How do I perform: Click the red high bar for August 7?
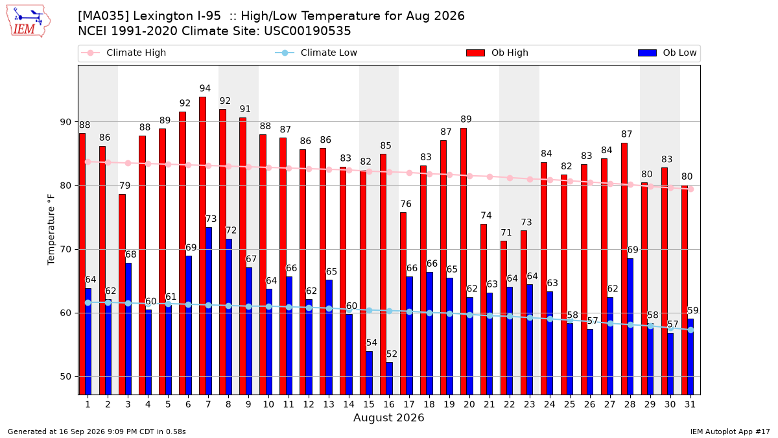point(202,246)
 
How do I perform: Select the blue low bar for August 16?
point(390,378)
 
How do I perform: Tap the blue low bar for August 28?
point(630,327)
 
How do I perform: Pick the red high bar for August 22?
point(504,318)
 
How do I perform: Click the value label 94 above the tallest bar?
point(205,88)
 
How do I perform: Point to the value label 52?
point(392,354)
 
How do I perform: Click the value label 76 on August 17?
point(406,204)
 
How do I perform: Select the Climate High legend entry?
point(123,53)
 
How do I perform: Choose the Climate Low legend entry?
point(316,53)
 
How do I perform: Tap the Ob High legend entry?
point(497,53)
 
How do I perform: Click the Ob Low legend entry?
point(667,53)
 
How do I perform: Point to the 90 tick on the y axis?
point(65,122)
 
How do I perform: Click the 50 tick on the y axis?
point(65,377)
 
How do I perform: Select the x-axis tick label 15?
point(369,404)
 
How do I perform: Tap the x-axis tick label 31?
point(690,404)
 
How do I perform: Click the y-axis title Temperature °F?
point(51,230)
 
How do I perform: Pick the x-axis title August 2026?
point(388,417)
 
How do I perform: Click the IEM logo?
point(28,21)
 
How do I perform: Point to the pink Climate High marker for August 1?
point(88,162)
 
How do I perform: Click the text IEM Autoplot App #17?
point(730,432)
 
